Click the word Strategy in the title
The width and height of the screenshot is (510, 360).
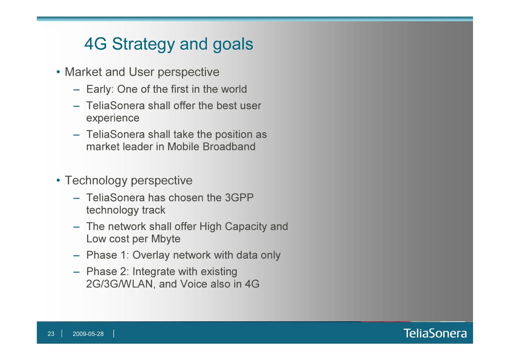[x=143, y=44]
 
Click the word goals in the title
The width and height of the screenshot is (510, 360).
[x=233, y=44]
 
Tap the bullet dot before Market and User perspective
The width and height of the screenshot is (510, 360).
[x=58, y=72]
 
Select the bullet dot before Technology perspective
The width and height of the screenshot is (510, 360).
[x=58, y=181]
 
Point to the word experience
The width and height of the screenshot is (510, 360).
[x=113, y=118]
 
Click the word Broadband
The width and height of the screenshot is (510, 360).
[x=229, y=147]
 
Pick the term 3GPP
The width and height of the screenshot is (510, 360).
[x=239, y=198]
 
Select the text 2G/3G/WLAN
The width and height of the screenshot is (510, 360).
[x=119, y=284]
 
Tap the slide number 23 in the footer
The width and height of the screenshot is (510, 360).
[x=51, y=334]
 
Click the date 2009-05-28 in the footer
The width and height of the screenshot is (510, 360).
[x=88, y=334]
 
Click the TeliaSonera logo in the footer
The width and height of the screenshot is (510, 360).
[x=435, y=333]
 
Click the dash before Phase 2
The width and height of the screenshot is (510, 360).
[x=76, y=272]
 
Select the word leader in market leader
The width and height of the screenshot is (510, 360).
[x=138, y=147]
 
